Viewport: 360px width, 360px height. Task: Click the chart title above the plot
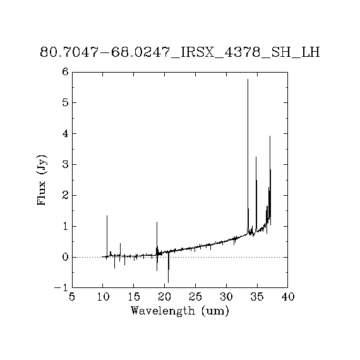click(180, 52)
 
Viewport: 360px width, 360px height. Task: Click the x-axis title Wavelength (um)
click(180, 311)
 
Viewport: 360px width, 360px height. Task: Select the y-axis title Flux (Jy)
click(42, 180)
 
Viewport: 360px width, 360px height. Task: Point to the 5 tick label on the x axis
click(72, 297)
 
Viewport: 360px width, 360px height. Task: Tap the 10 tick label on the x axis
click(103, 297)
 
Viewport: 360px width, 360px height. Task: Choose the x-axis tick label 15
click(134, 297)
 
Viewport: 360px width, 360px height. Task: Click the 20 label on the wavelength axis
click(165, 297)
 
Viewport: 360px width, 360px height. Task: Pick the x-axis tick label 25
click(195, 297)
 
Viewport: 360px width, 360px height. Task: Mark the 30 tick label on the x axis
click(226, 297)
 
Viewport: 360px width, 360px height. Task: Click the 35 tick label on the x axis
click(257, 297)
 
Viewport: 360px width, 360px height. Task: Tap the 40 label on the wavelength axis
click(288, 297)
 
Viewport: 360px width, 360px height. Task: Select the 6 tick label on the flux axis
click(66, 72)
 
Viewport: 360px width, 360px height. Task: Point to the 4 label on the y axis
click(66, 134)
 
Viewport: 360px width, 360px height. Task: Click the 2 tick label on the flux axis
click(66, 195)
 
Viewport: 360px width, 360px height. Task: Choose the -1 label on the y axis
click(61, 287)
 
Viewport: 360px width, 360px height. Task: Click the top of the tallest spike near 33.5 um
click(248, 79)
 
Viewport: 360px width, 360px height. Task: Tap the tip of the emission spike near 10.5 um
click(107, 215)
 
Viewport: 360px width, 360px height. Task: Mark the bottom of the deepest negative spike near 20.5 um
click(168, 282)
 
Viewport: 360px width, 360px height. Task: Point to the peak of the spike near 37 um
click(270, 136)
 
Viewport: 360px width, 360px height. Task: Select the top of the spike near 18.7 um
click(157, 222)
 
